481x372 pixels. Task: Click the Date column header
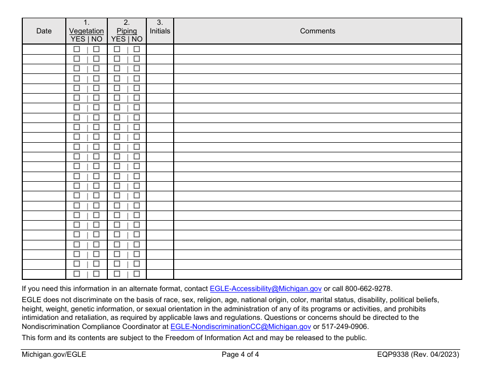tap(44, 31)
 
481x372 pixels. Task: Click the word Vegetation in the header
tap(87, 31)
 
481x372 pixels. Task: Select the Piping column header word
tap(127, 31)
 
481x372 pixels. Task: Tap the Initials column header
tap(160, 31)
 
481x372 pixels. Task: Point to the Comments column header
tap(317, 31)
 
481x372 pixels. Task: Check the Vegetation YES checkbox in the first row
tap(77, 49)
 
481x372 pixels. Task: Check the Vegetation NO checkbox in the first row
tap(96, 49)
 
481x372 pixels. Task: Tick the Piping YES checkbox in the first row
tap(117, 49)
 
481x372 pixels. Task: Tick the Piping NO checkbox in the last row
tap(137, 274)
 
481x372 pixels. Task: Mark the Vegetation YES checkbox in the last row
tap(77, 274)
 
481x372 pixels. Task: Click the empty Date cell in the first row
tap(44, 49)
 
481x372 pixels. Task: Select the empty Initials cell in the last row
tap(160, 274)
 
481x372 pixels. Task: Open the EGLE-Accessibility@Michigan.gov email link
tap(266, 288)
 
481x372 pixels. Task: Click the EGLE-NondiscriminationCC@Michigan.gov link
tap(241, 327)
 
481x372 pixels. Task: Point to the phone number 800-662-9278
tap(368, 288)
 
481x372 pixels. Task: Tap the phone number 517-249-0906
tap(344, 327)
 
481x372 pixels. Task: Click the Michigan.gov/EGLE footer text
tap(54, 355)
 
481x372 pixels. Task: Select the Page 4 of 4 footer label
tap(240, 355)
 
